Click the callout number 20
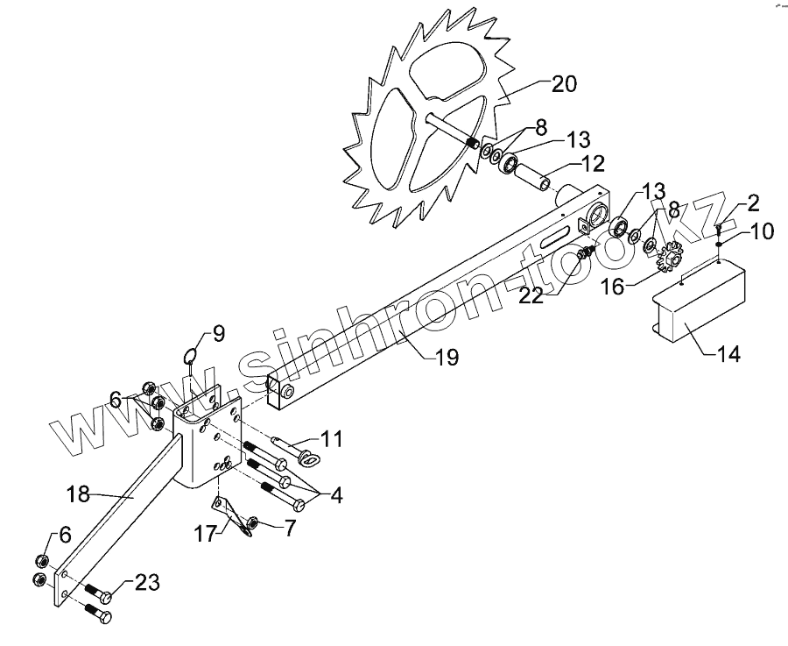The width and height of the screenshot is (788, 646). click(564, 84)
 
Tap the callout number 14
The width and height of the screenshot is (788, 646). click(728, 354)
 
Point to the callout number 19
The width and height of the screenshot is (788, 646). click(447, 357)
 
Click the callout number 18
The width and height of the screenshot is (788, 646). click(78, 494)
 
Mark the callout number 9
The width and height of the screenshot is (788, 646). click(217, 333)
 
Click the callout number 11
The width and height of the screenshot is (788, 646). click(331, 438)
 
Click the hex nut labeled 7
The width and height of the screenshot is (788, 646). click(250, 525)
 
